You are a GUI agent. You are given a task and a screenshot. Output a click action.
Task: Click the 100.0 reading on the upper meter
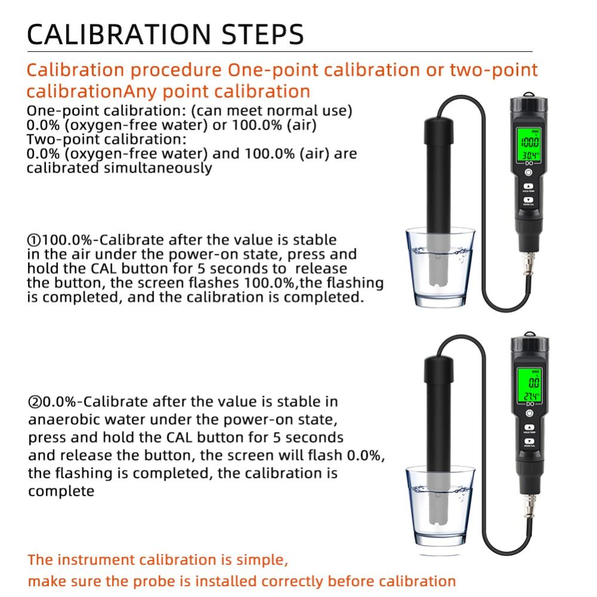[528, 143]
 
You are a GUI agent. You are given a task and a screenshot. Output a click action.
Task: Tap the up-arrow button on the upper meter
[528, 186]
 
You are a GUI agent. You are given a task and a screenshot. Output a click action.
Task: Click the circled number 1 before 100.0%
[33, 240]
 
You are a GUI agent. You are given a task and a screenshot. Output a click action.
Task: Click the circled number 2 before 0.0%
[35, 401]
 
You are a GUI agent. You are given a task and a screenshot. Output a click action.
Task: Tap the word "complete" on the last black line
[61, 491]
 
